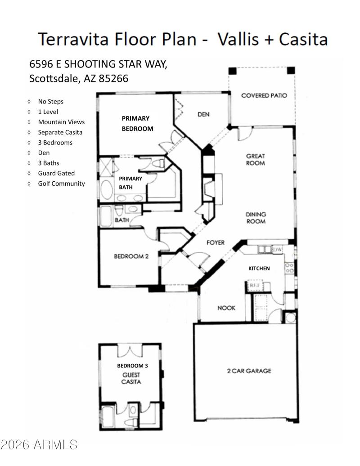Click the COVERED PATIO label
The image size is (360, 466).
pyautogui.click(x=264, y=95)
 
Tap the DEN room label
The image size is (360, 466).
pyautogui.click(x=203, y=114)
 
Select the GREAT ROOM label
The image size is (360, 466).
pyautogui.click(x=255, y=160)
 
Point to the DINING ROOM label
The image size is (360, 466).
pyautogui.click(x=255, y=218)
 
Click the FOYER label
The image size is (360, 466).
pyautogui.click(x=215, y=242)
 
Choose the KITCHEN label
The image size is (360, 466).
pyautogui.click(x=259, y=269)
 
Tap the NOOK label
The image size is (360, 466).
pyautogui.click(x=226, y=308)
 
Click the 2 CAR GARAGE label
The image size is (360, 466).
pyautogui.click(x=248, y=371)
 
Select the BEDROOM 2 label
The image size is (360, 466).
pyautogui.click(x=131, y=256)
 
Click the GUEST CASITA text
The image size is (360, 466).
pyautogui.click(x=131, y=378)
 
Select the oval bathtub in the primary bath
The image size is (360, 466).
pyautogui.click(x=107, y=190)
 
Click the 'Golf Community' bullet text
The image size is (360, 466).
pyautogui.click(x=61, y=184)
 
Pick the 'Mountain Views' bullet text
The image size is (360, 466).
pyautogui.click(x=61, y=122)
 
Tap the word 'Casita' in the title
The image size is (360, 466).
pyautogui.click(x=303, y=40)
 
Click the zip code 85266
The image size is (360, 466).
pyautogui.click(x=112, y=78)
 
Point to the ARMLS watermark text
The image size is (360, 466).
pyautogui.click(x=40, y=445)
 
